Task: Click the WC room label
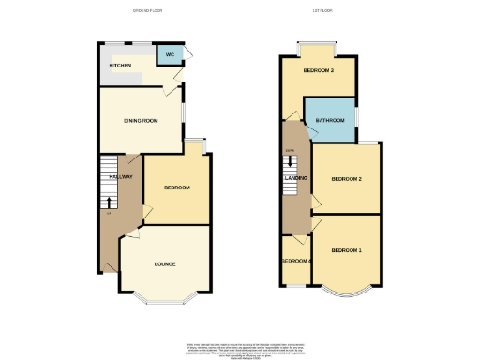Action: (x=170, y=55)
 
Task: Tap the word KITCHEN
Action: (x=120, y=66)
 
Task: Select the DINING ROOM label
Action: (x=141, y=121)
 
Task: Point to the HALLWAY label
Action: (x=119, y=177)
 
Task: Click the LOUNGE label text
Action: (x=165, y=263)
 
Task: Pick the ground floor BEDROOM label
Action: (x=177, y=187)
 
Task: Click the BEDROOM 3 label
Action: (x=318, y=70)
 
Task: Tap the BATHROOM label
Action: (x=330, y=121)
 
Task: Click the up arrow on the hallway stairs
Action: (x=108, y=200)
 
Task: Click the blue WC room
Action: (x=170, y=58)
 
